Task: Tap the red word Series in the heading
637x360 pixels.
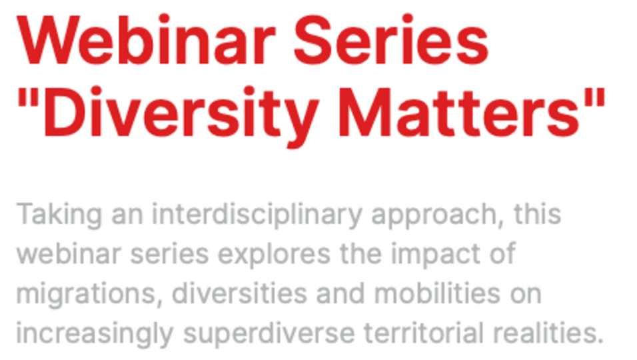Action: [x=391, y=40]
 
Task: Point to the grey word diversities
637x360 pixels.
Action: [x=239, y=294]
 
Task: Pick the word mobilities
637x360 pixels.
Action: [x=437, y=294]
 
